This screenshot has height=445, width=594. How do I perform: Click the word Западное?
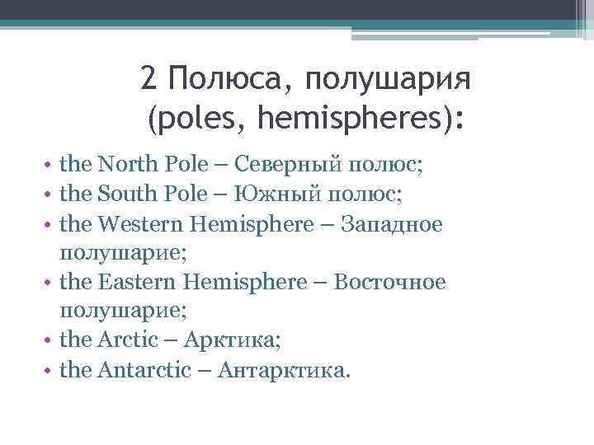pyautogui.click(x=395, y=223)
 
